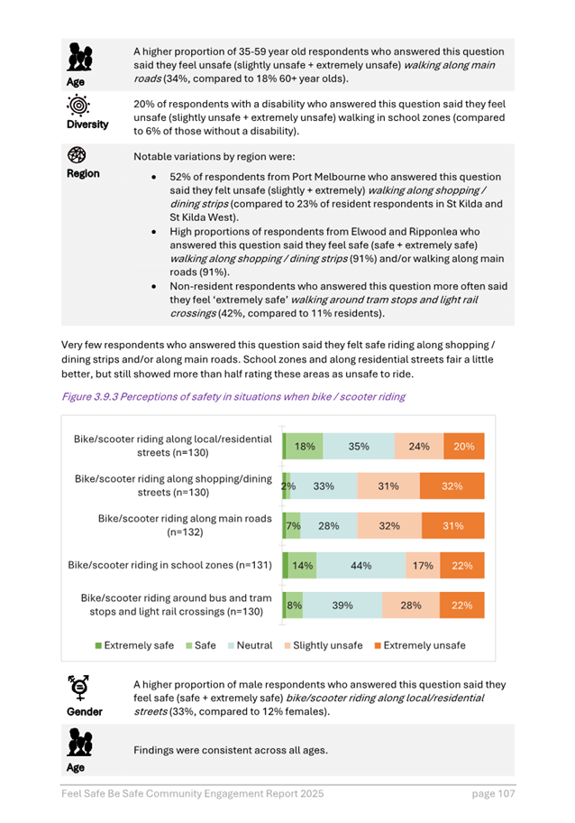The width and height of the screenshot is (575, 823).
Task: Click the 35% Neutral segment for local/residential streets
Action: click(x=359, y=446)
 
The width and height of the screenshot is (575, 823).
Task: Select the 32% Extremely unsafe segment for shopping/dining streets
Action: click(x=452, y=485)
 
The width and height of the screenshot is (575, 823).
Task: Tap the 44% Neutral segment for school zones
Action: click(x=361, y=566)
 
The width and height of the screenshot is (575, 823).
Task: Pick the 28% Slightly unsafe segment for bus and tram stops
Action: click(x=411, y=606)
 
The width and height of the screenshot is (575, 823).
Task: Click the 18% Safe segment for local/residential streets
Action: click(x=305, y=446)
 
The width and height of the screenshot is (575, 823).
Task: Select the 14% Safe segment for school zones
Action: click(x=303, y=566)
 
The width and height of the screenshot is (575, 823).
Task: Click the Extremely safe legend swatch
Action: click(x=98, y=646)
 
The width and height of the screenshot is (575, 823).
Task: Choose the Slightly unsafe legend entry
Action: click(x=323, y=646)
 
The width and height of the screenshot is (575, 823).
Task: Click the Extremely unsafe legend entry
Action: click(x=418, y=646)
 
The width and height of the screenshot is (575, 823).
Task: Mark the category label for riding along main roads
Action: click(x=187, y=526)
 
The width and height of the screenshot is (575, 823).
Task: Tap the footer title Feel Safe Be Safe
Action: click(x=192, y=793)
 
